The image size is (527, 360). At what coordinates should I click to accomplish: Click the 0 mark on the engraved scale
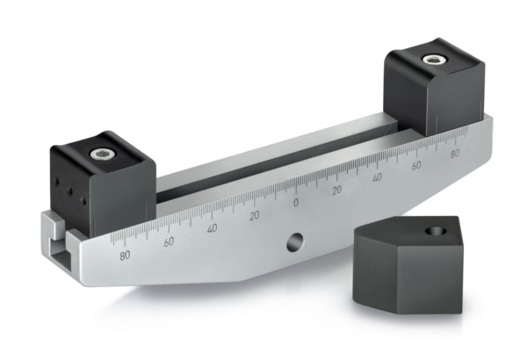click(x=295, y=203)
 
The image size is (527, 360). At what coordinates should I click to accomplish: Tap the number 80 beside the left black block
click(x=126, y=255)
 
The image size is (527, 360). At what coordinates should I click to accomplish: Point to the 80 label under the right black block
click(x=454, y=155)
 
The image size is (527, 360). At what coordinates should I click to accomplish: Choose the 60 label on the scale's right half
click(x=416, y=165)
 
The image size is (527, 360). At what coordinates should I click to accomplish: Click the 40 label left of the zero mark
click(x=212, y=228)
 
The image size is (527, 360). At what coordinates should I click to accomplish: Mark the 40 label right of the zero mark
click(x=377, y=177)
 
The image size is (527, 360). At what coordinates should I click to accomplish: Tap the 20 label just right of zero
click(x=336, y=190)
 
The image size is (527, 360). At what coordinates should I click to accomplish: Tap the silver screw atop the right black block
click(x=432, y=61)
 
